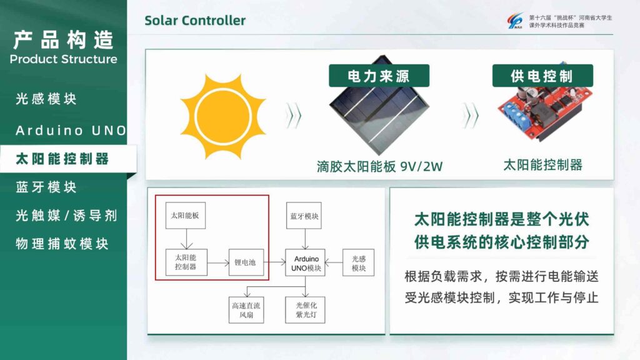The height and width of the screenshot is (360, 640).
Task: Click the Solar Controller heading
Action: (x=195, y=21)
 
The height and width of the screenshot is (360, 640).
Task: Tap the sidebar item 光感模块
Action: (x=46, y=99)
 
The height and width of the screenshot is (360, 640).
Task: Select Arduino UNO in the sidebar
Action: (x=71, y=131)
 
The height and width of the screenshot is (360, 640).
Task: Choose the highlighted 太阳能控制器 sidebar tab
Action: (x=62, y=159)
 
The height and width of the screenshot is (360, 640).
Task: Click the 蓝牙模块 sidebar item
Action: (x=46, y=187)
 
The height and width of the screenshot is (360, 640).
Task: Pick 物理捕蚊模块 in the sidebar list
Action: (x=62, y=244)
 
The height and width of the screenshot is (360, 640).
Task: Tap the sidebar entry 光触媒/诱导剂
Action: (x=66, y=216)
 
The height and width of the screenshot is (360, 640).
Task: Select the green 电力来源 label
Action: (x=379, y=76)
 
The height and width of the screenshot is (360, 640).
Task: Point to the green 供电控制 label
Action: (x=542, y=76)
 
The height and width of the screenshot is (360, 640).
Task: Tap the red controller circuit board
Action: (x=541, y=112)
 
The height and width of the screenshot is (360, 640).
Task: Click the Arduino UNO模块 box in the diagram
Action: (x=306, y=263)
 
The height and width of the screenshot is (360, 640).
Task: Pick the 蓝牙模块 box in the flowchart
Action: (x=305, y=216)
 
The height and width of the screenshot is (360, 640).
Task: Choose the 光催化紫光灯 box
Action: (x=305, y=309)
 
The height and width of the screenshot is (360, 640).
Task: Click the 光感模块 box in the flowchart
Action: (x=358, y=263)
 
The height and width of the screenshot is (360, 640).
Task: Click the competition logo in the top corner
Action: (x=516, y=22)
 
